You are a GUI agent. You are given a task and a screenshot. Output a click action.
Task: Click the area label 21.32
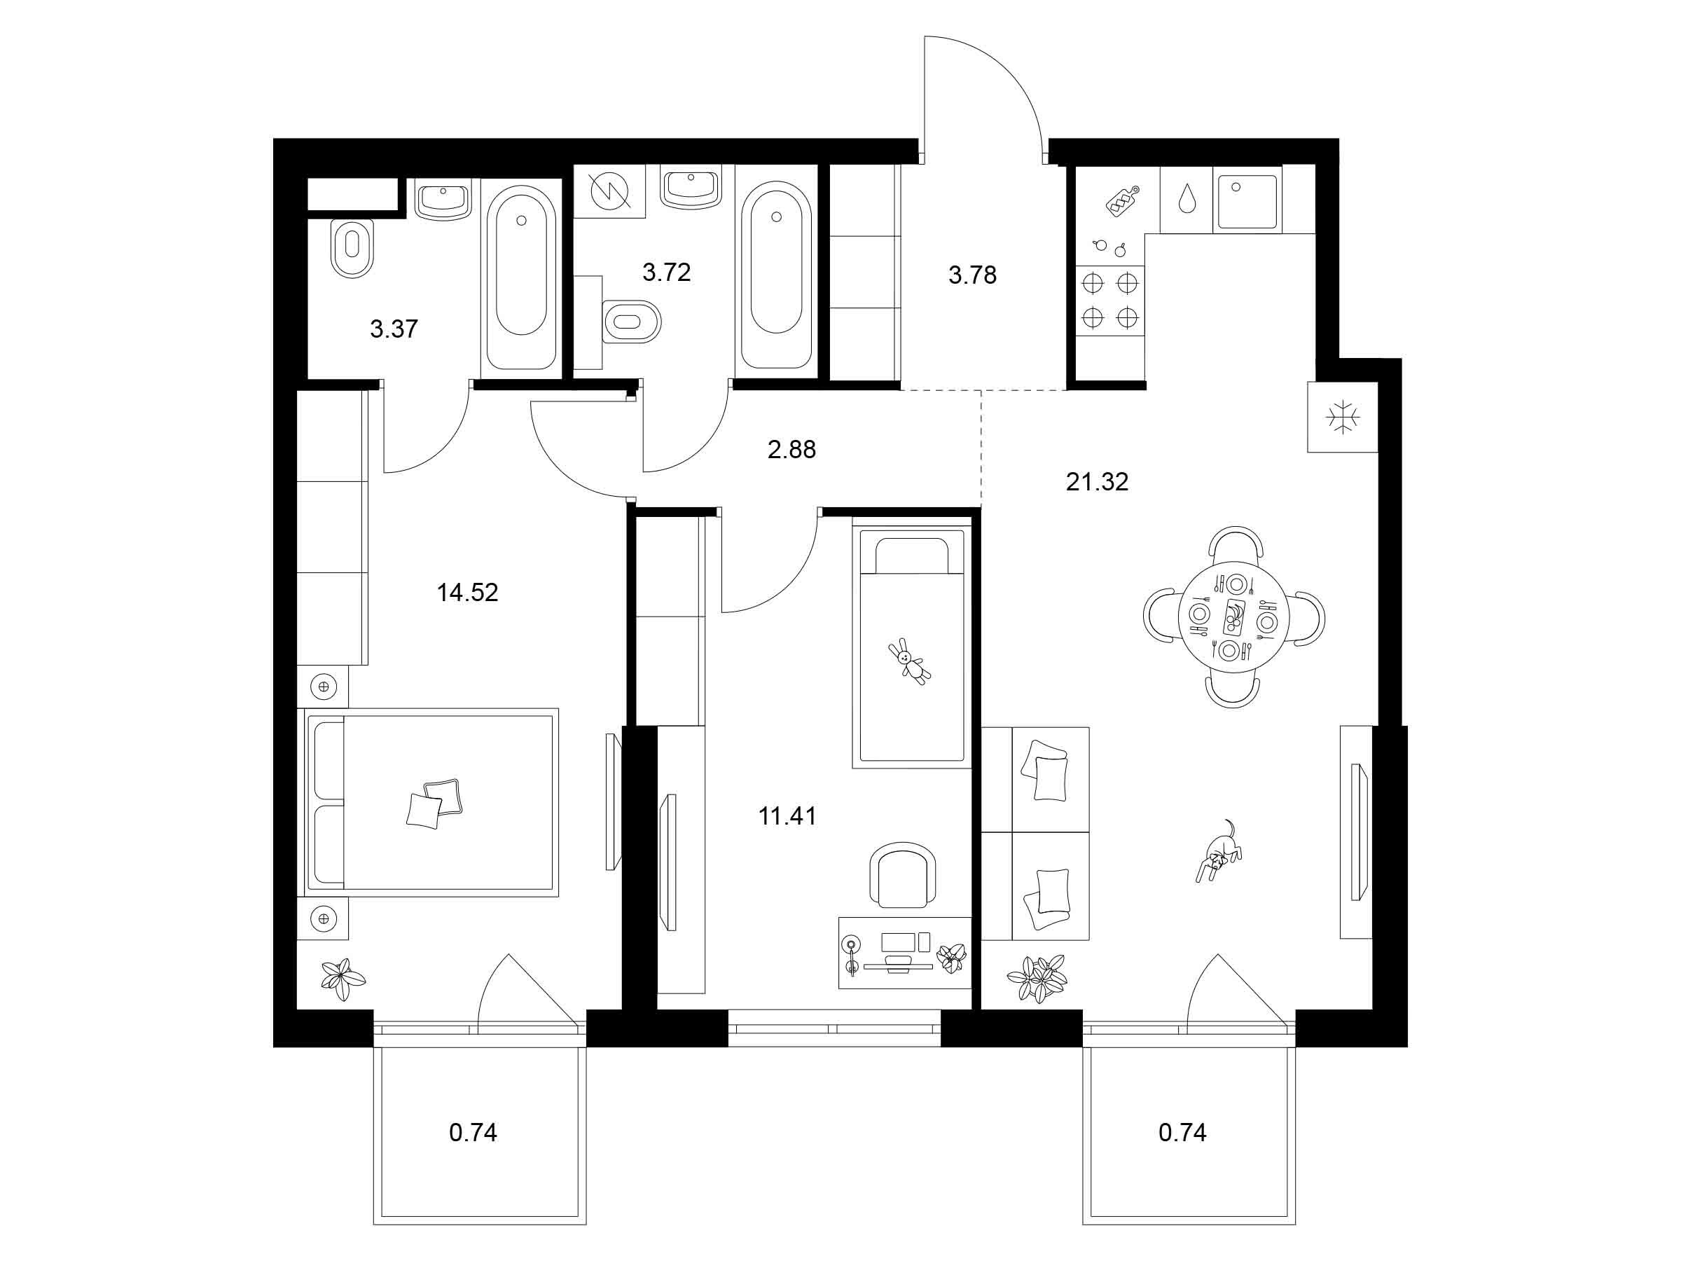pyautogui.click(x=1097, y=481)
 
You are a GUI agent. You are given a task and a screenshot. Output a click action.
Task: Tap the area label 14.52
pyautogui.click(x=467, y=592)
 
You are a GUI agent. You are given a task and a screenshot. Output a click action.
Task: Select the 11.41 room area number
pyautogui.click(x=787, y=815)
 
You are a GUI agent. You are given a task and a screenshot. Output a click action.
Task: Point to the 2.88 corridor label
pyautogui.click(x=792, y=449)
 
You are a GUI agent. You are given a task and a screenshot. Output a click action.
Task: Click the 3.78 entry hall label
pyautogui.click(x=972, y=275)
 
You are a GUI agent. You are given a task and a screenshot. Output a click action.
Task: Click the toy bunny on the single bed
pyautogui.click(x=909, y=661)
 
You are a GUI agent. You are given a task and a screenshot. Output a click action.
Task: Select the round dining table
pyautogui.click(x=1233, y=617)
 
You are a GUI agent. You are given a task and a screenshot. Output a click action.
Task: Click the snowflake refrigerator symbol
pyautogui.click(x=1343, y=418)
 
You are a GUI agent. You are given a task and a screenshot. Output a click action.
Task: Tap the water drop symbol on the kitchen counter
pyautogui.click(x=1187, y=199)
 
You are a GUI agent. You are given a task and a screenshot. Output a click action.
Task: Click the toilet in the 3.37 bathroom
pyautogui.click(x=352, y=248)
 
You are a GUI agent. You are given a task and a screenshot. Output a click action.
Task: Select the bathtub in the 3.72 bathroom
pyautogui.click(x=776, y=275)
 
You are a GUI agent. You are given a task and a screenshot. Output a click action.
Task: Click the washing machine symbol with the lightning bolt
pyautogui.click(x=609, y=191)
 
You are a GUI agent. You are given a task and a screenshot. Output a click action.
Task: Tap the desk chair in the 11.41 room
pyautogui.click(x=902, y=874)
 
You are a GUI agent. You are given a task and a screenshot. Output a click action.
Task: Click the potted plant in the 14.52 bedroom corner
pyautogui.click(x=343, y=979)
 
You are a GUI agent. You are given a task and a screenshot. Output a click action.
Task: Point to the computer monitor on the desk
pyautogui.click(x=897, y=942)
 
